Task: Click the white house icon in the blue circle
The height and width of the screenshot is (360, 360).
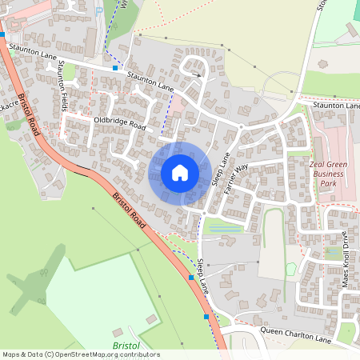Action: click(180, 173)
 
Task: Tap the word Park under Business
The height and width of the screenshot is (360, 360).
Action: click(328, 184)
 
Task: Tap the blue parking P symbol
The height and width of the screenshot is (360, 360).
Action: click(98, 11)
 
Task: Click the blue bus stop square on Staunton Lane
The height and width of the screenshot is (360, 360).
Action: click(116, 69)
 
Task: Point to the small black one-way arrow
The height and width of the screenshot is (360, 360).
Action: click(197, 75)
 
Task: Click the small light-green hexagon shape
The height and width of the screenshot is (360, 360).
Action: click(290, 269)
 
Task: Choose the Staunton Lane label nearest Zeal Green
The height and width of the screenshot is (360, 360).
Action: click(336, 105)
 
